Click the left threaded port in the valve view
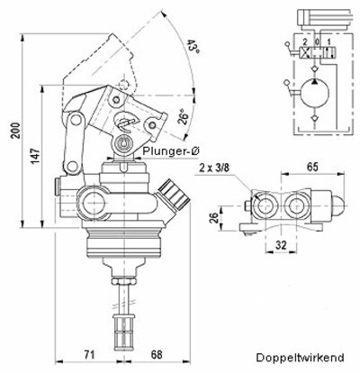266,208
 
